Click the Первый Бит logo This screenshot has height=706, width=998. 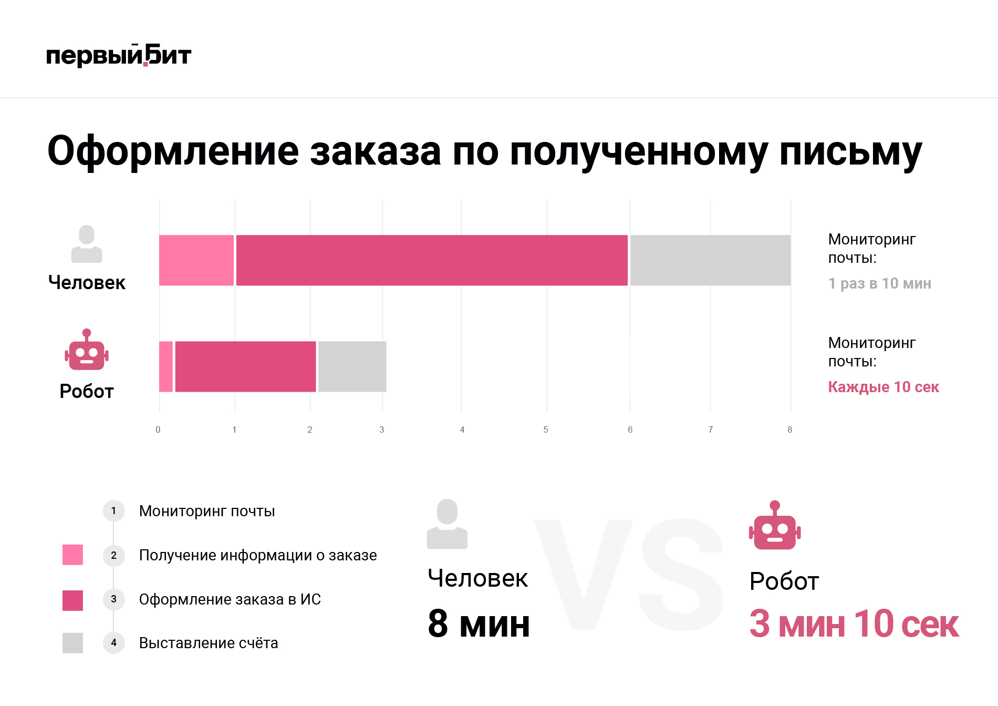pos(119,56)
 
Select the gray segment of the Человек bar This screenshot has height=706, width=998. pos(710,260)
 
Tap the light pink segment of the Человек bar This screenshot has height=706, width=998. pos(196,260)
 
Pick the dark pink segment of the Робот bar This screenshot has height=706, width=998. pos(245,366)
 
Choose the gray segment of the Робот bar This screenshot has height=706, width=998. pos(352,366)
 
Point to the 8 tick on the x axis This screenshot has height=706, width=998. pos(789,429)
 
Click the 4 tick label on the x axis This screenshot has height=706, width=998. pos(462,429)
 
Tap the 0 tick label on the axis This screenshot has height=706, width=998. pos(158,429)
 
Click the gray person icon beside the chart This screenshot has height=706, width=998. pos(87,244)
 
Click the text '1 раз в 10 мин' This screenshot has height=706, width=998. pos(879,283)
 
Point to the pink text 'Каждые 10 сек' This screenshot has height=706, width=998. pos(883,387)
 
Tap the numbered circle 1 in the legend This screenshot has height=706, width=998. pos(113,510)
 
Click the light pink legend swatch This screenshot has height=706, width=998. pos(72,555)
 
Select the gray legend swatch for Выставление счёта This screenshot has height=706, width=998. pos(72,642)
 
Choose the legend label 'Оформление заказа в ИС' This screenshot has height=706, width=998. pos(230,599)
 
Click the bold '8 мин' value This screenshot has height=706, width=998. pos(479,624)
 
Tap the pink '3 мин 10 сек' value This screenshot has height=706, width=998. pos(854,624)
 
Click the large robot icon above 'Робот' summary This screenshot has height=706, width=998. pos(775,526)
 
